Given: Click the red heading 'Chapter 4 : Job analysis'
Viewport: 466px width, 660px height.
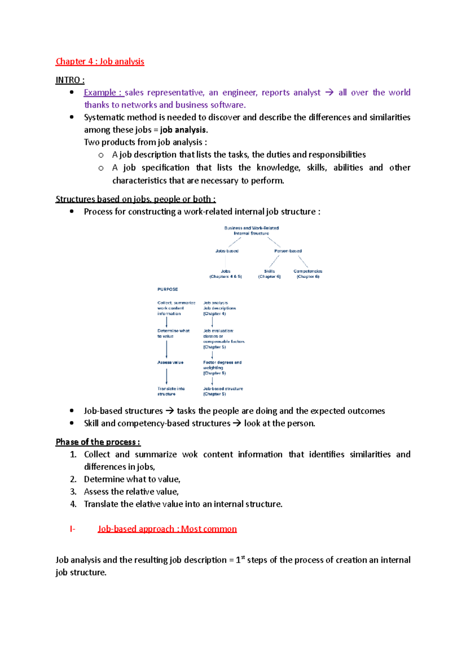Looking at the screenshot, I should [x=100, y=61].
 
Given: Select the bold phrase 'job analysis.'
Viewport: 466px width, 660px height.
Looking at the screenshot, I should [x=184, y=130].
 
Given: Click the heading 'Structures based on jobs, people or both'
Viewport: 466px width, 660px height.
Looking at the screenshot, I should [x=135, y=199].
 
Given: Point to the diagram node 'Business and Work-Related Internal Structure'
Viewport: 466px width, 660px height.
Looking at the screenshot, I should [x=251, y=230].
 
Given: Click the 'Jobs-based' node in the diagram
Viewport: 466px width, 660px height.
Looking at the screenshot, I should [x=227, y=251].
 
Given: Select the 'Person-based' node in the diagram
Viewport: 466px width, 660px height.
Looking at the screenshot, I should [x=288, y=251].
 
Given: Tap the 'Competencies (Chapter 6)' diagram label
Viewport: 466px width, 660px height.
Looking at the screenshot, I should [x=308, y=274].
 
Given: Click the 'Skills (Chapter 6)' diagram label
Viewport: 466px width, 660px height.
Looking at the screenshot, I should [x=269, y=274].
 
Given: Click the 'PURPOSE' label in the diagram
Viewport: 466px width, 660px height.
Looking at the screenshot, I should [x=167, y=289].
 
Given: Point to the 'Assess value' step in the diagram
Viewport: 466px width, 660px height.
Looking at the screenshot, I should [x=170, y=362].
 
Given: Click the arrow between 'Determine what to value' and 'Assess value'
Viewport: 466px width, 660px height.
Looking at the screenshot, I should [x=167, y=349].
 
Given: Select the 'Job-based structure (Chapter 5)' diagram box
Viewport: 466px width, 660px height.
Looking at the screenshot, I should [x=223, y=391].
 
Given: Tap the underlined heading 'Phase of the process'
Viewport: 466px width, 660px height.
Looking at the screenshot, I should [x=97, y=442].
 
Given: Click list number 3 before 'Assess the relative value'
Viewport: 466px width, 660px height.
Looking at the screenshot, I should [x=73, y=492].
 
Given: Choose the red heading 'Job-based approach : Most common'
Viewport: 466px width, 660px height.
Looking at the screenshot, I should [x=167, y=529].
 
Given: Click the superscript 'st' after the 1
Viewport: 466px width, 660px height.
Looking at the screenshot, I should [x=243, y=557].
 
